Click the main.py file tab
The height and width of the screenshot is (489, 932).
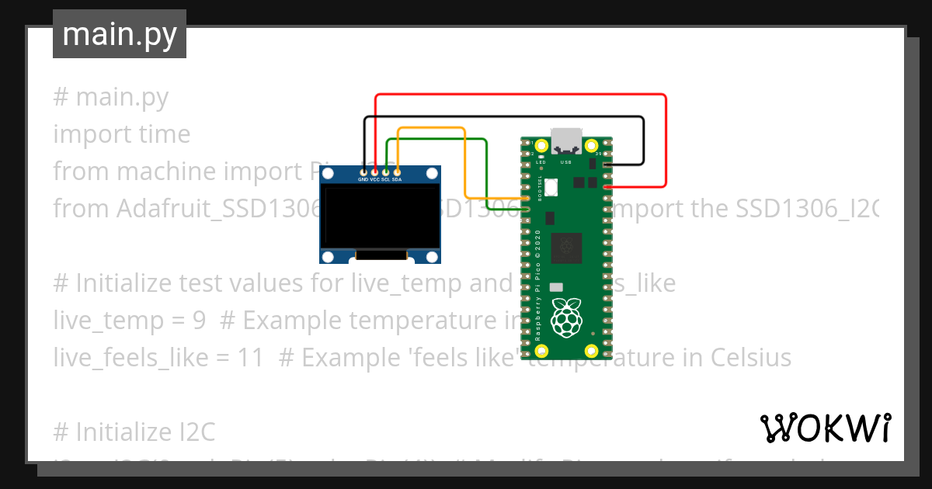tap(119, 35)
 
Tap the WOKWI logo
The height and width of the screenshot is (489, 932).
tap(825, 428)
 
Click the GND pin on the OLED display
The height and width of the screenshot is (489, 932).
tap(363, 171)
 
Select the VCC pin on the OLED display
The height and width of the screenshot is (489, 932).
tap(375, 171)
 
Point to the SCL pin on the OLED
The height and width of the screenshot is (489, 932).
tap(386, 171)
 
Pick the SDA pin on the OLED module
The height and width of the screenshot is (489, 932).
tap(397, 171)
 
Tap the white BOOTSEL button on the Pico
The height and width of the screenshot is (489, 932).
tap(551, 187)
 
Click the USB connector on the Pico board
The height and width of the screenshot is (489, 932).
tap(567, 139)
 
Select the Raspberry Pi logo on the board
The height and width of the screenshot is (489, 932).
tap(566, 316)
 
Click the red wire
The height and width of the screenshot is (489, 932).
tap(520, 95)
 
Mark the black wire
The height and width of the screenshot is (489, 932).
tap(505, 117)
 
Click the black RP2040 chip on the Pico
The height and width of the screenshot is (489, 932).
tap(566, 248)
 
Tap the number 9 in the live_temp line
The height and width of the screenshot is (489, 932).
tap(199, 321)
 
